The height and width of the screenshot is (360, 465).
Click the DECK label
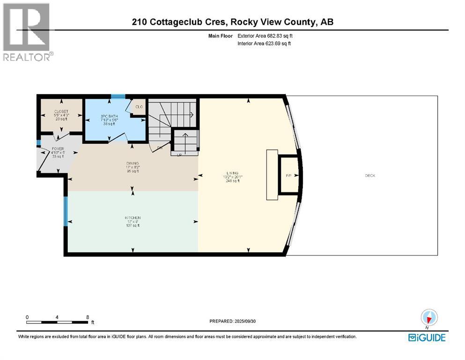click(x=370, y=176)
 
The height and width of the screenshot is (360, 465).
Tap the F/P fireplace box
click(x=288, y=176)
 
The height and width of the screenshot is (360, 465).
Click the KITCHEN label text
click(x=133, y=218)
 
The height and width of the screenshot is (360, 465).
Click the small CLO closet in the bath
click(x=139, y=106)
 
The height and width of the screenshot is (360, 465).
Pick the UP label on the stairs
click(x=179, y=154)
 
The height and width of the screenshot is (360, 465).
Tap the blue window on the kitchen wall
click(x=66, y=210)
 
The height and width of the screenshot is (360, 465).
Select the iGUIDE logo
click(x=427, y=337)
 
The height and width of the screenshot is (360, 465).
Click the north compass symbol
click(x=429, y=317)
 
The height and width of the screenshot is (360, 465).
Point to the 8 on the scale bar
click(x=88, y=317)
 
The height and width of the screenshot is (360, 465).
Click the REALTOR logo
click(x=27, y=32)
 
